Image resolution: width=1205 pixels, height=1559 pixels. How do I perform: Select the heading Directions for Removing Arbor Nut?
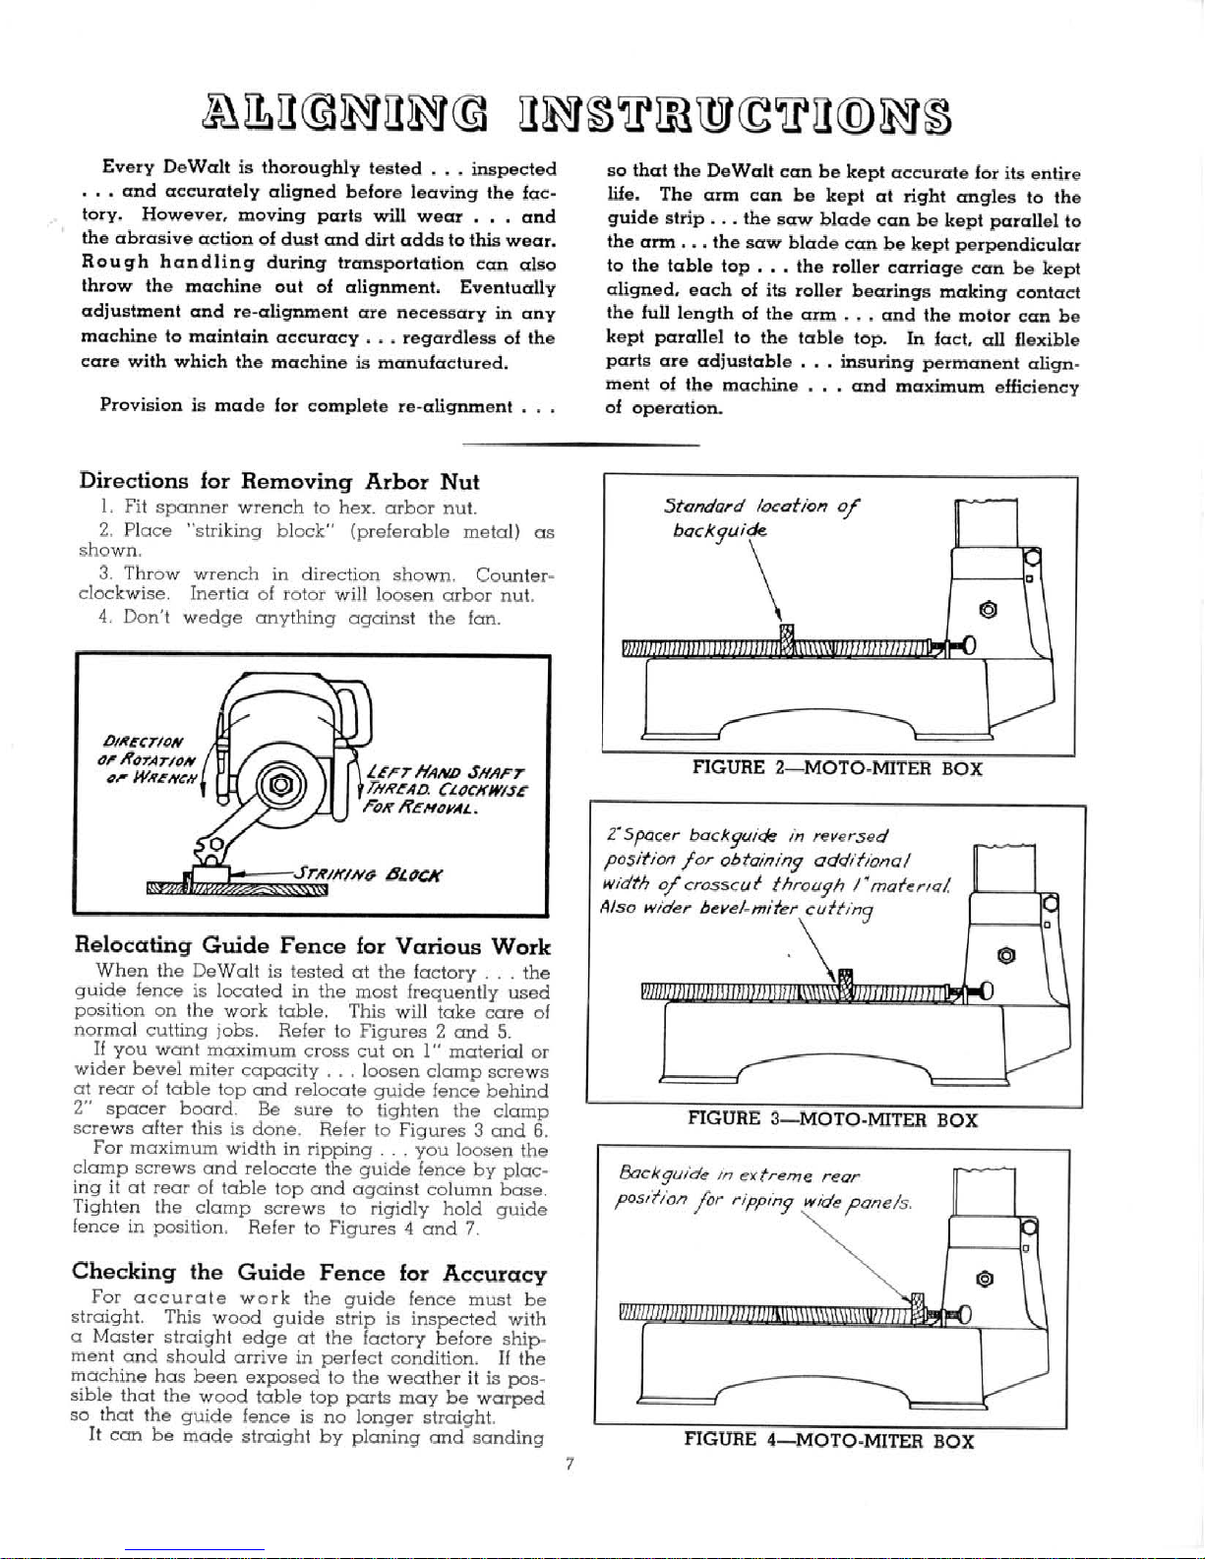pos(278,482)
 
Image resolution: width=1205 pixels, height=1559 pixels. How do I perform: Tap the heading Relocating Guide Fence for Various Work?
pos(312,946)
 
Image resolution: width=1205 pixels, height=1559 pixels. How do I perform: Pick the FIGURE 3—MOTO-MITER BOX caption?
pos(832,1118)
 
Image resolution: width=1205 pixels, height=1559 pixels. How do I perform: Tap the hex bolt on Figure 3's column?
pos(1005,954)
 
